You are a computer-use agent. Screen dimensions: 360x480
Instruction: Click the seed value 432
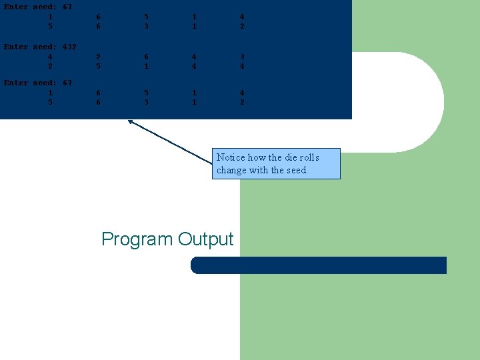tap(69, 47)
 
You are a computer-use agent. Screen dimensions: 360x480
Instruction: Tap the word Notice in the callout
tap(231, 157)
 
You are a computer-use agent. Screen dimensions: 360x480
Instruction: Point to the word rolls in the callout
tap(309, 157)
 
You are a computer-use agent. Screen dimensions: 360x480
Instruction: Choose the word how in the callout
tap(256, 157)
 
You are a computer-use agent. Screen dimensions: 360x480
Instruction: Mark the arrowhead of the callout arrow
tap(130, 121)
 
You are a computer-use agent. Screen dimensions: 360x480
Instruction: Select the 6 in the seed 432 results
tap(146, 57)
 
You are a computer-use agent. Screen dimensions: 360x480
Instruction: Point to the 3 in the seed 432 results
tap(242, 57)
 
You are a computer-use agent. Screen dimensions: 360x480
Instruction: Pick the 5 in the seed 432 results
tap(98, 67)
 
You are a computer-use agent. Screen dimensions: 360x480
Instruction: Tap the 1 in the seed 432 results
tap(146, 67)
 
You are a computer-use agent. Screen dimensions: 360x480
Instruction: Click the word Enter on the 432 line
tap(16, 47)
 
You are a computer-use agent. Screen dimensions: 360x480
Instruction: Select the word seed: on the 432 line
tap(45, 47)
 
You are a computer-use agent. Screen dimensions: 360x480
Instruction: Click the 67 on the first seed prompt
tap(67, 7)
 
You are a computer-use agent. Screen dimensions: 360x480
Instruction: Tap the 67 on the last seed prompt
tap(67, 83)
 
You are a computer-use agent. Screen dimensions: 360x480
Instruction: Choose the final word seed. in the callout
tap(297, 170)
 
